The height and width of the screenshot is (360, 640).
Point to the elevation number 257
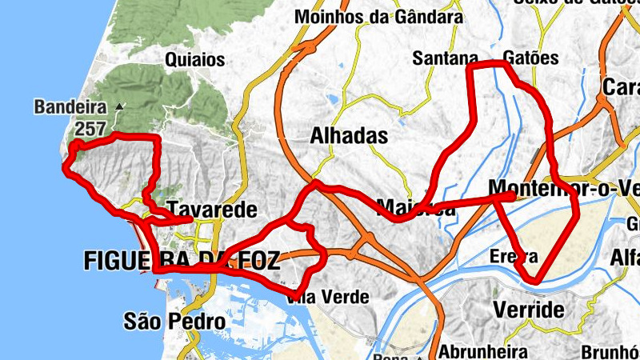pos(92,128)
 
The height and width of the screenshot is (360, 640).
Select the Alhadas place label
pos(349,135)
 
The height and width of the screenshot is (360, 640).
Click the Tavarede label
pos(212,210)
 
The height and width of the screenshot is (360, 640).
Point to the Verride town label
pos(529,310)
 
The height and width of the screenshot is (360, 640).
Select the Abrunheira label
pos(484,351)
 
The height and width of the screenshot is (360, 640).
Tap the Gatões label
pos(531,58)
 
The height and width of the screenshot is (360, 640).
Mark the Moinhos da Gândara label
pos(378,16)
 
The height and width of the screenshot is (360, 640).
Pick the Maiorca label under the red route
pos(415,210)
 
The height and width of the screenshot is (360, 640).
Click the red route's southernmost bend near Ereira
pos(534,280)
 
